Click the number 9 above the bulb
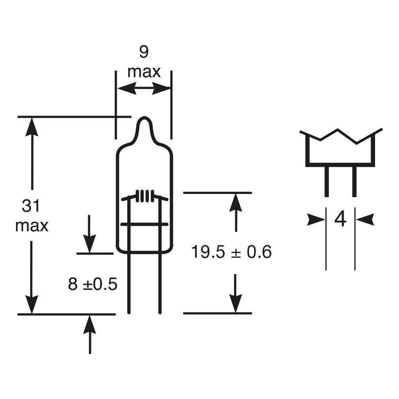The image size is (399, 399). (x=144, y=52)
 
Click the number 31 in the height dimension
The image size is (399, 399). (x=31, y=206)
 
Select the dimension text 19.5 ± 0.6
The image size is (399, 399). (x=231, y=252)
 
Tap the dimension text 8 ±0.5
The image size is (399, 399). (x=93, y=284)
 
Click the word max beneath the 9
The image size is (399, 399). (x=144, y=72)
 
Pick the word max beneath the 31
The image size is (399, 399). (x=32, y=226)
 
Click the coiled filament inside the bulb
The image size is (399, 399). (x=145, y=196)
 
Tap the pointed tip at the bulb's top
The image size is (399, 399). (x=145, y=118)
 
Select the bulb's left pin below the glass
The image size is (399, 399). (x=129, y=283)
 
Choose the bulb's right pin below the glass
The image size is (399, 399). (x=160, y=283)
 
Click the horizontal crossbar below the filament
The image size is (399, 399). (x=144, y=224)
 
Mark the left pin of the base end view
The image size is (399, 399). (x=327, y=181)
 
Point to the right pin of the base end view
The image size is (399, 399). (x=354, y=181)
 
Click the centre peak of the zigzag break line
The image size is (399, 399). (x=338, y=130)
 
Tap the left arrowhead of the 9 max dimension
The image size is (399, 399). (x=127, y=89)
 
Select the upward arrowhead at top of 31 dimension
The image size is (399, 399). (x=32, y=127)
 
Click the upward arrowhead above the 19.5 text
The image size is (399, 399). (x=235, y=202)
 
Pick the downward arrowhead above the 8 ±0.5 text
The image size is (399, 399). (x=90, y=244)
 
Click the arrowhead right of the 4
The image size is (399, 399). (x=365, y=219)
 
